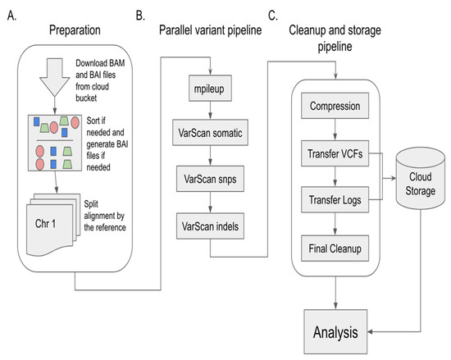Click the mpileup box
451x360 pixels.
[x=210, y=89]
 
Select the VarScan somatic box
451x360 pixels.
[x=210, y=133]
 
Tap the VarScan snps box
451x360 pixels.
[x=210, y=179]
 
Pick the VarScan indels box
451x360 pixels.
[x=210, y=226]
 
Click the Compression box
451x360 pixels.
[x=335, y=106]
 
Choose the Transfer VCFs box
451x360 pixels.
[x=335, y=153]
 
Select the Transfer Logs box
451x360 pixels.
[x=335, y=199]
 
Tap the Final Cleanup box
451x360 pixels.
[x=335, y=248]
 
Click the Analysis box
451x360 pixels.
[x=335, y=331]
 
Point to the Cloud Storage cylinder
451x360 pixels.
[x=420, y=178]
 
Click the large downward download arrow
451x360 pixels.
[x=55, y=77]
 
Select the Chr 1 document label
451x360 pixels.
[x=45, y=223]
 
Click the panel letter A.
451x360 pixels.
[x=11, y=16]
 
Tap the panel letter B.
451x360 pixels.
[x=140, y=16]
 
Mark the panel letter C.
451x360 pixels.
[x=273, y=16]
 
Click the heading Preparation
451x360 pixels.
[x=75, y=30]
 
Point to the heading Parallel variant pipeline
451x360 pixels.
[x=210, y=30]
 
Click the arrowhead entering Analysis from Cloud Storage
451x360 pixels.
[x=370, y=332]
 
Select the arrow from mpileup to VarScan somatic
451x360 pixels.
[x=210, y=111]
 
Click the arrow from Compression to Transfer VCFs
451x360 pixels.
[x=335, y=130]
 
